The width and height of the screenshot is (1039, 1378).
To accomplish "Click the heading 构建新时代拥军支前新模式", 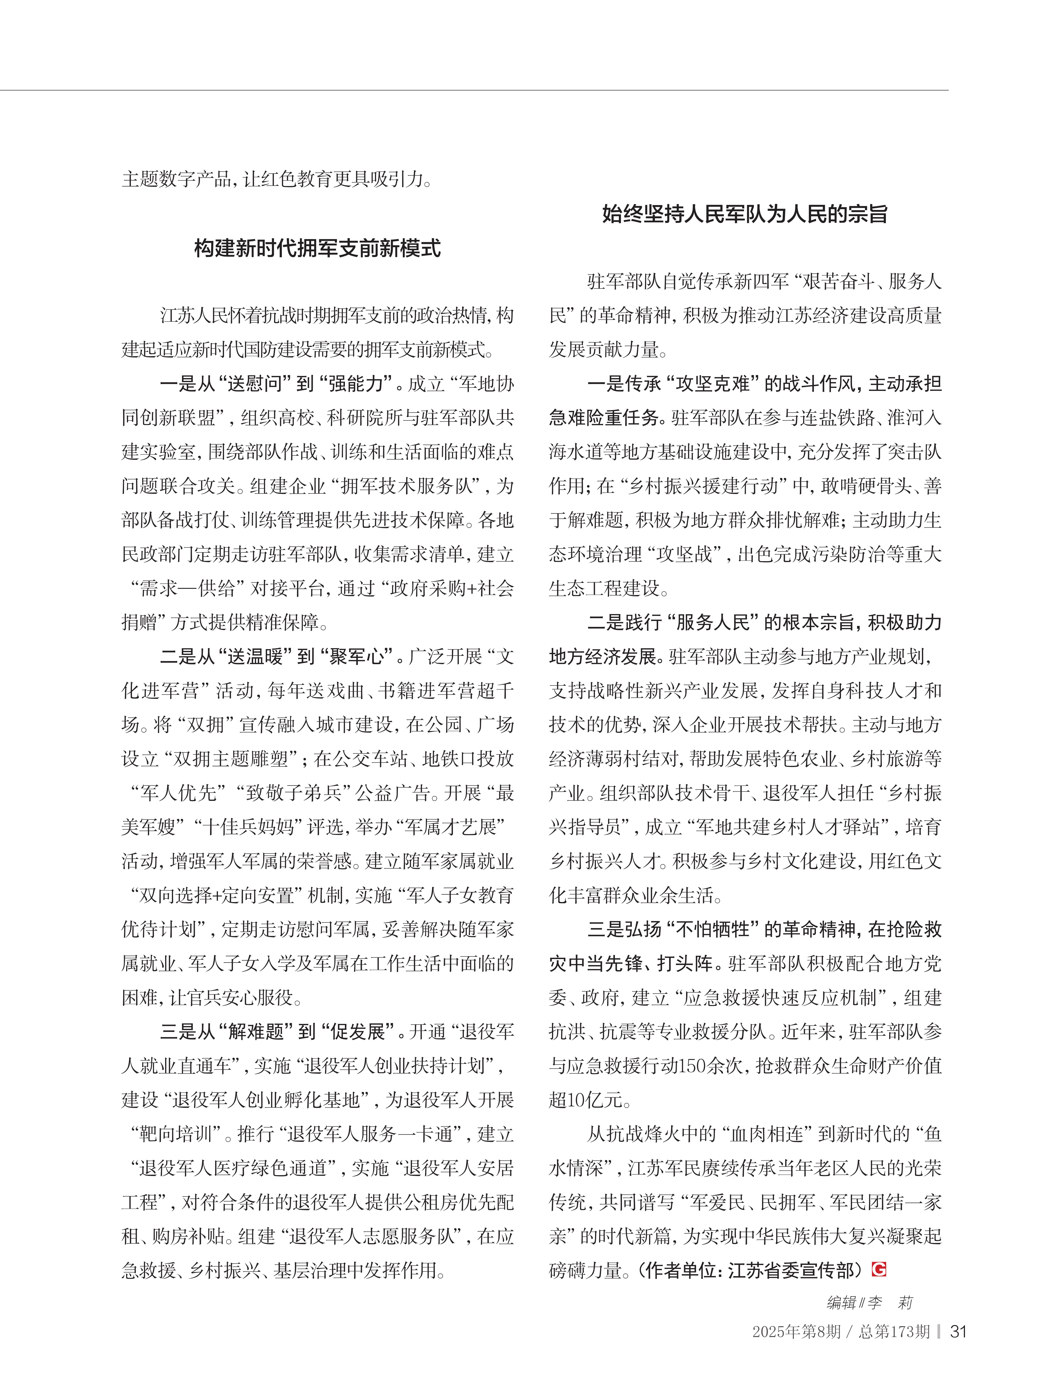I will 317,248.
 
